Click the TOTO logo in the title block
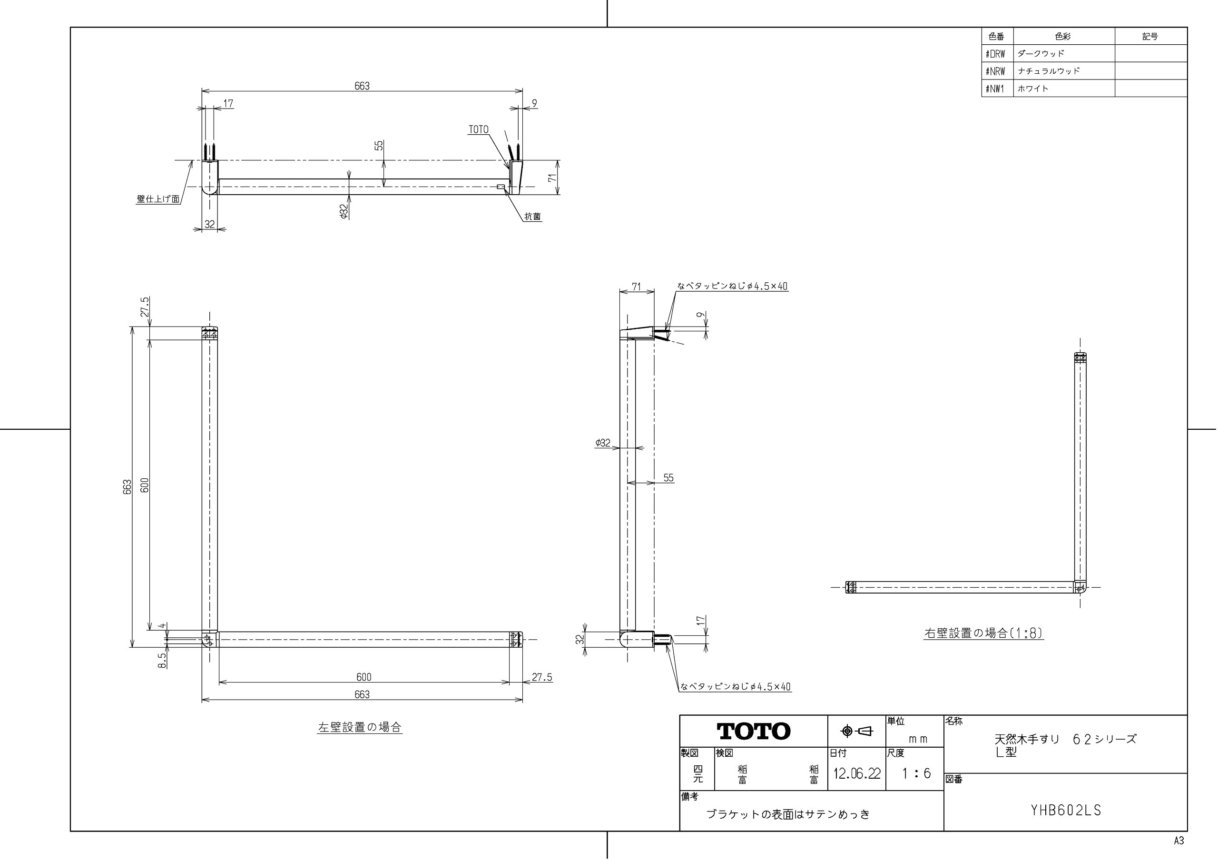pyautogui.click(x=753, y=732)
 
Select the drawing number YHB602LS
pyautogui.click(x=1066, y=811)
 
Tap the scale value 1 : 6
pyautogui.click(x=916, y=773)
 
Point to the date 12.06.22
pyautogui.click(x=856, y=773)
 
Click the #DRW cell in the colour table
pyautogui.click(x=995, y=54)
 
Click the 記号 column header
pyautogui.click(x=1149, y=36)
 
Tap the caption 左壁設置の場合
pyautogui.click(x=360, y=727)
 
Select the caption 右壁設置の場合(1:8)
pyautogui.click(x=983, y=633)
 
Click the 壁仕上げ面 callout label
pyautogui.click(x=158, y=199)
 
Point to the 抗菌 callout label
pyautogui.click(x=532, y=217)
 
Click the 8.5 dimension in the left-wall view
pyautogui.click(x=162, y=660)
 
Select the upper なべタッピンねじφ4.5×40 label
pyautogui.click(x=732, y=286)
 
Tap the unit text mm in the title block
pyautogui.click(x=918, y=739)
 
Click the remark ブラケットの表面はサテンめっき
pyautogui.click(x=788, y=814)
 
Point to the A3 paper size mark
pyautogui.click(x=1179, y=841)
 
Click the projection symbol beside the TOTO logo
pyautogui.click(x=857, y=732)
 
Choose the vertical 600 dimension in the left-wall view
pyautogui.click(x=144, y=485)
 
